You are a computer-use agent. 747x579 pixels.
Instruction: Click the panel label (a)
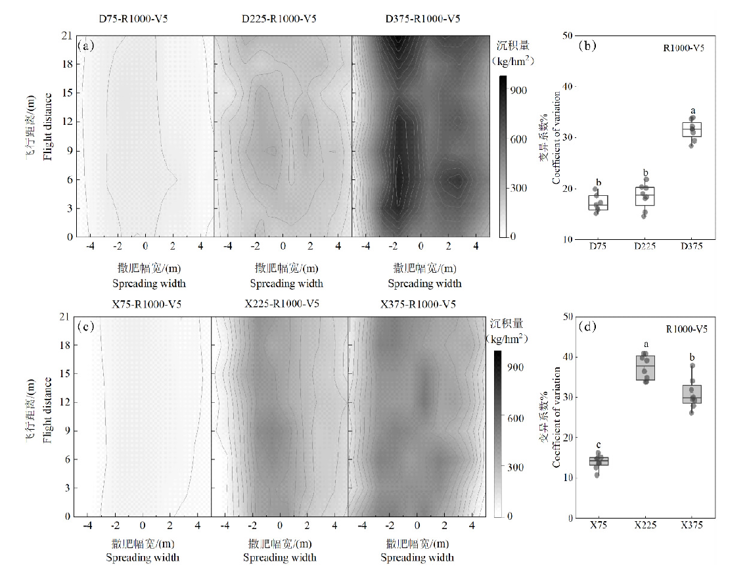87,46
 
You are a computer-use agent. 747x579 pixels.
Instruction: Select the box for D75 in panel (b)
598,202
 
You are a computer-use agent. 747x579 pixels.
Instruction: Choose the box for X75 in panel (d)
599,461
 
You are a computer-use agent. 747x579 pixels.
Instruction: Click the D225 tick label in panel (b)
645,247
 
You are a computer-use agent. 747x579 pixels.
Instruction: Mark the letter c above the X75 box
599,444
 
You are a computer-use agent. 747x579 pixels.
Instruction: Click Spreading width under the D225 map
286,284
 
